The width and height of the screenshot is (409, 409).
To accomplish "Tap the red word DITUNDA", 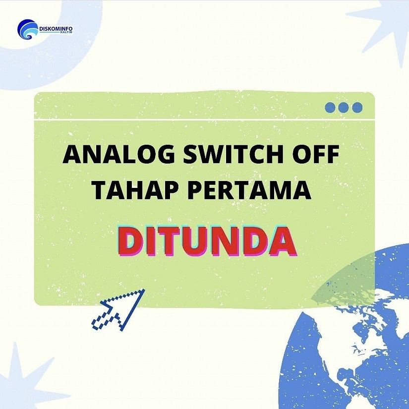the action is (207, 241).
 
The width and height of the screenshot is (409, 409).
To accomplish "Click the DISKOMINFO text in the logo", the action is (56, 29).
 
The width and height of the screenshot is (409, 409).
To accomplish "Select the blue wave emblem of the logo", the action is (27, 29).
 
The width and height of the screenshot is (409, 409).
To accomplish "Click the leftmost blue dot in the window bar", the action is (330, 108).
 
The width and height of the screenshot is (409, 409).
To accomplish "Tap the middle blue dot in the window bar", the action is (344, 108).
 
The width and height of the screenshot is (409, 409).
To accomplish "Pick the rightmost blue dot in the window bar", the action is (357, 108).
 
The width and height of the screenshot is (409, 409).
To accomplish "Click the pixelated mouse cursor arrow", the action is (118, 310).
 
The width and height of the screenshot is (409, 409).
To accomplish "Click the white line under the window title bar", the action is (204, 119).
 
